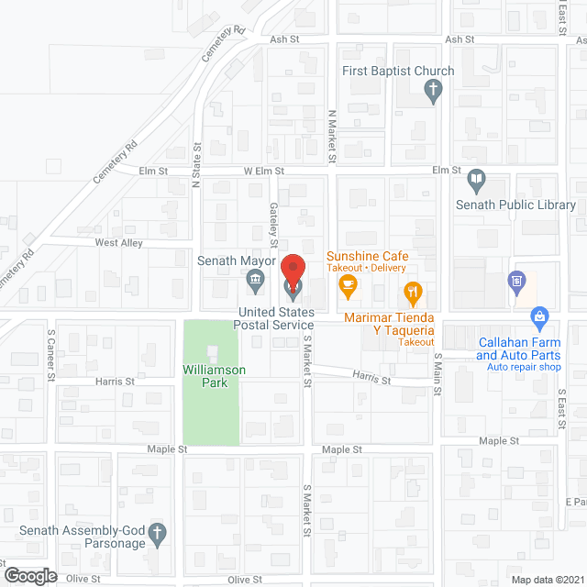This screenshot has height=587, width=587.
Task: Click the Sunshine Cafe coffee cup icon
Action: tap(348, 287)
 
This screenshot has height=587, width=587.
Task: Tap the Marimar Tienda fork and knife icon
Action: tap(413, 293)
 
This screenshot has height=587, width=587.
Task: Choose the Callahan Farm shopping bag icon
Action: tap(540, 317)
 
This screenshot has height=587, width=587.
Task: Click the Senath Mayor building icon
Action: tap(257, 280)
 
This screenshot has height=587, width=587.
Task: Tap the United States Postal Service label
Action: tap(274, 318)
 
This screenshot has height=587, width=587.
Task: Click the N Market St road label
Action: tap(332, 138)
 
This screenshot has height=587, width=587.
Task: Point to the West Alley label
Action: tap(119, 243)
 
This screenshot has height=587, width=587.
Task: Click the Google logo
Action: tap(30, 575)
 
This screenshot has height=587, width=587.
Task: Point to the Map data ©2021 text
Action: tap(547, 580)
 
